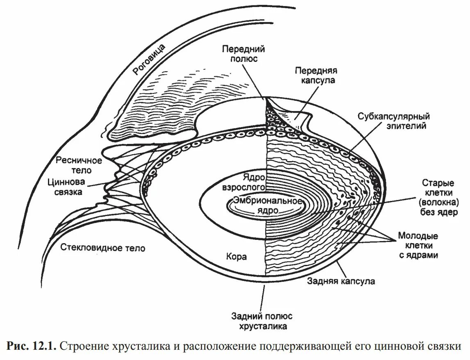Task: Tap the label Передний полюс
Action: (243, 54)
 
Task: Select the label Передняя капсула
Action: (315, 75)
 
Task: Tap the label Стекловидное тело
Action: (103, 248)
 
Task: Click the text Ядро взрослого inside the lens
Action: (244, 183)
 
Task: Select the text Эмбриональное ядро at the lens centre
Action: (267, 205)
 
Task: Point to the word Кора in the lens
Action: (236, 257)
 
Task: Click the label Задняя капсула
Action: (341, 282)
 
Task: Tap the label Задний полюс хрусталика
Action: (262, 321)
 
